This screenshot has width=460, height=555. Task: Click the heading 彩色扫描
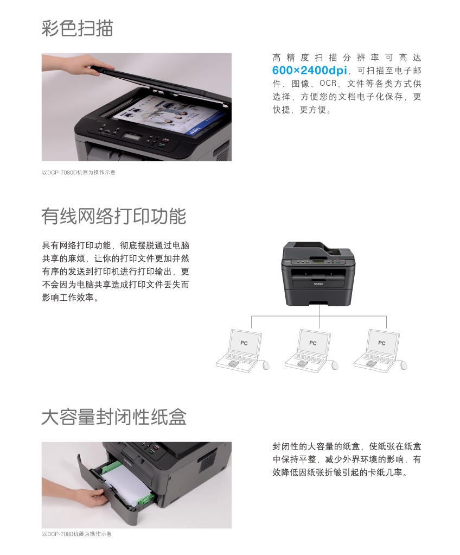[x=78, y=28]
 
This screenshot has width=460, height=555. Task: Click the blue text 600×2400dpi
[x=309, y=71]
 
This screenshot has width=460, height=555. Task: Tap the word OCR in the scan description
[x=328, y=83]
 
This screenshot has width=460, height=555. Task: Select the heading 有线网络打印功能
[x=113, y=216]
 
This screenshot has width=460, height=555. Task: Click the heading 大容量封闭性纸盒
[x=114, y=417]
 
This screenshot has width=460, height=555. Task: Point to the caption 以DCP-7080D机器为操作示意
[x=79, y=172]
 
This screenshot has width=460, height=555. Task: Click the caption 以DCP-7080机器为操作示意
[x=76, y=534]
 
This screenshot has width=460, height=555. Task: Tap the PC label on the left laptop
[x=244, y=343]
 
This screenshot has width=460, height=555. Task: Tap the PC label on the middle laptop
[x=313, y=343]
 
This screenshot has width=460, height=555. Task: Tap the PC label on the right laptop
[x=382, y=343]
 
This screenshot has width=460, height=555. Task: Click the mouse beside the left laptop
[x=266, y=365]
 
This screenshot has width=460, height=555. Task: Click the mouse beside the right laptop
[x=404, y=365]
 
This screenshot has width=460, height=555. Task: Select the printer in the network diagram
[x=318, y=274]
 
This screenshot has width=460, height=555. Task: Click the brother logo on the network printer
[x=318, y=284]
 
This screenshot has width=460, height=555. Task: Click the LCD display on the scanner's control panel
[x=132, y=136]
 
